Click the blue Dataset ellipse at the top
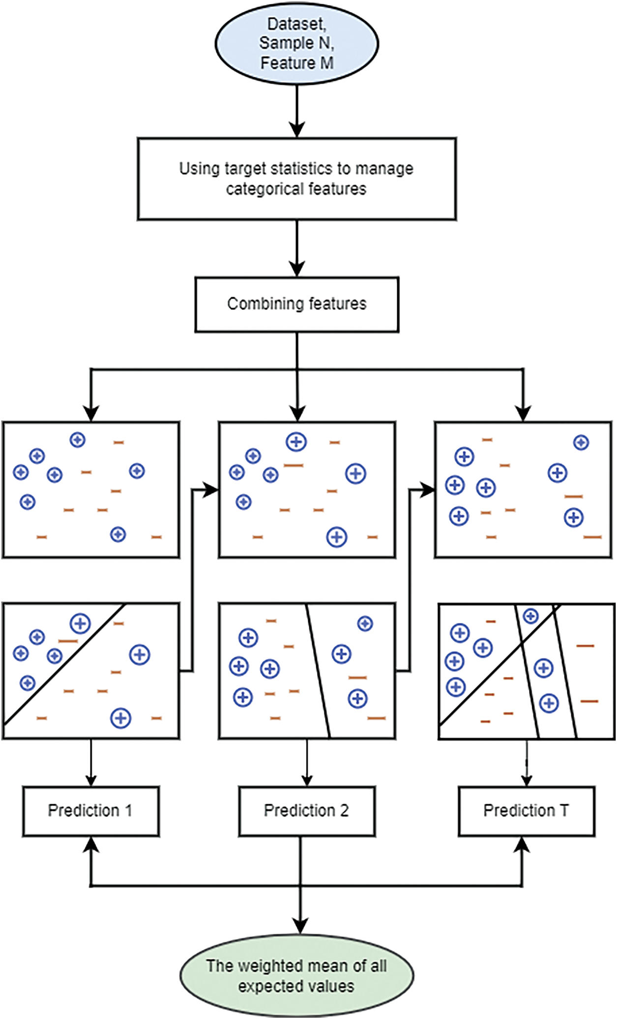296,44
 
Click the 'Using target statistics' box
296,179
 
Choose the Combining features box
296,305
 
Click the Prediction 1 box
91,811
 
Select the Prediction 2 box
307,811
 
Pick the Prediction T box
527,811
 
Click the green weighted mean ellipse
296,976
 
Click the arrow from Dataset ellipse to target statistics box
296,111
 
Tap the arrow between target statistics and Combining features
296,248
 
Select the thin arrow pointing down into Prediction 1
91,762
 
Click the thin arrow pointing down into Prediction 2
307,762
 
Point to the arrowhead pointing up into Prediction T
522,844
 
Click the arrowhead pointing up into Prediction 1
91,844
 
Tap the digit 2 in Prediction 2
344,810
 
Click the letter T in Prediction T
564,810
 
